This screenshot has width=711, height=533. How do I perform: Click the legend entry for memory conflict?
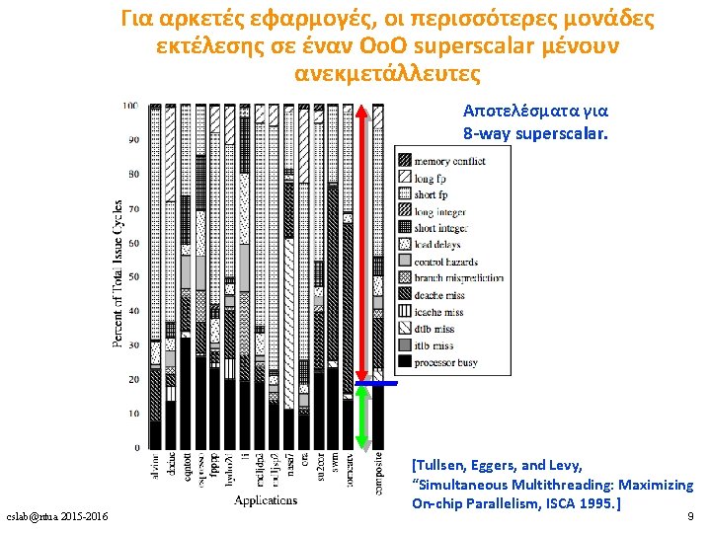[449, 160]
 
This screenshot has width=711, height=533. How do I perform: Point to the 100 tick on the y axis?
[130, 106]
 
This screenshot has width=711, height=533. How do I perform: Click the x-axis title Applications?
[265, 500]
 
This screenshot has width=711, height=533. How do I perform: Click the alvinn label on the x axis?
[155, 469]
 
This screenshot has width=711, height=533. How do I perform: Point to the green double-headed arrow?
[362, 417]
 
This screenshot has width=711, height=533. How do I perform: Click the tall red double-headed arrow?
[362, 242]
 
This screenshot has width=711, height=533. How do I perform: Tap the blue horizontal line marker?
[376, 382]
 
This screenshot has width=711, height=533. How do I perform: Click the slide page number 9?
[688, 515]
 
